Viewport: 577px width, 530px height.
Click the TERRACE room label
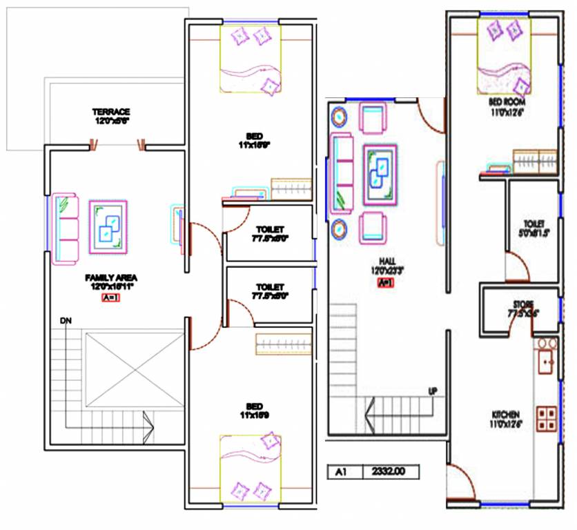point(112,111)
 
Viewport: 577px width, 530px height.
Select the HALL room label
point(387,262)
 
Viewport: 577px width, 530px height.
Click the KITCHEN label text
point(505,414)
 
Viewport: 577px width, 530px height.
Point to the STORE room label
point(522,304)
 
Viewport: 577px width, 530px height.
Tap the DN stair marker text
point(65,320)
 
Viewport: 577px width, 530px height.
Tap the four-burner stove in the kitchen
point(547,416)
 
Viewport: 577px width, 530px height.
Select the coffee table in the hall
point(380,172)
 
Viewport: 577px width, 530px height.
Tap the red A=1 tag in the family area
point(110,299)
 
